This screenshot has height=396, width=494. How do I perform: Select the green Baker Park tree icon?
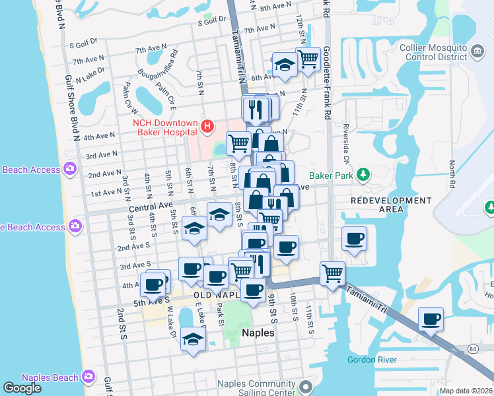[362, 175]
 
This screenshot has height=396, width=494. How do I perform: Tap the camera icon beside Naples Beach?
[88, 377]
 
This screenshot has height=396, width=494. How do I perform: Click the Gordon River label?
[372, 360]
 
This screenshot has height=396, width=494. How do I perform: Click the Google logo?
[22, 387]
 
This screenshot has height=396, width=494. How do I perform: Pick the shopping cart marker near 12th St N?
[308, 59]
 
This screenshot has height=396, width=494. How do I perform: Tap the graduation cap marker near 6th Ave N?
[285, 64]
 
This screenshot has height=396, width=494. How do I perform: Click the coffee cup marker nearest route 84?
[431, 319]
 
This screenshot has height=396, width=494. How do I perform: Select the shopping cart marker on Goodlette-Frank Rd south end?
[333, 273]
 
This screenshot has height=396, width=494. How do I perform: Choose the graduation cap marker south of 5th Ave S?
[192, 339]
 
